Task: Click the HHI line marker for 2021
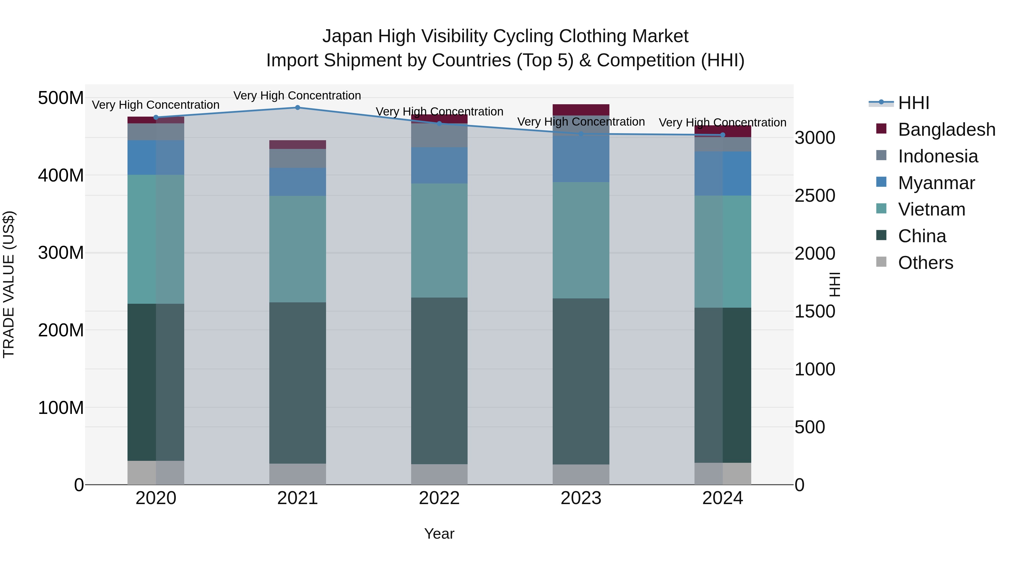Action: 297,108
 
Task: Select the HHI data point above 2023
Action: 581,134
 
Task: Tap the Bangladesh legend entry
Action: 946,130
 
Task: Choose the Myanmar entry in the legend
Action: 936,183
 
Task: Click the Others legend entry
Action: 925,263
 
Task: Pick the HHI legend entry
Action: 913,103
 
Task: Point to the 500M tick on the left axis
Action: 61,98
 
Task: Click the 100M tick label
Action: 61,408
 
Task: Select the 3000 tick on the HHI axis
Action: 815,138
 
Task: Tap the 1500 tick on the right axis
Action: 815,311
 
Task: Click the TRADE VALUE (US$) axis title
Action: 9,284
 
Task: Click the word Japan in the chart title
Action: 347,36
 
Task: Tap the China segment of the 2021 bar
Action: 297,383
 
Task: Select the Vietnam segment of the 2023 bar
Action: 581,240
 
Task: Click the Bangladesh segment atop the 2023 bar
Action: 581,110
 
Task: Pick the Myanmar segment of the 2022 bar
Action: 439,165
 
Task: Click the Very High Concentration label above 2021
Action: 297,96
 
